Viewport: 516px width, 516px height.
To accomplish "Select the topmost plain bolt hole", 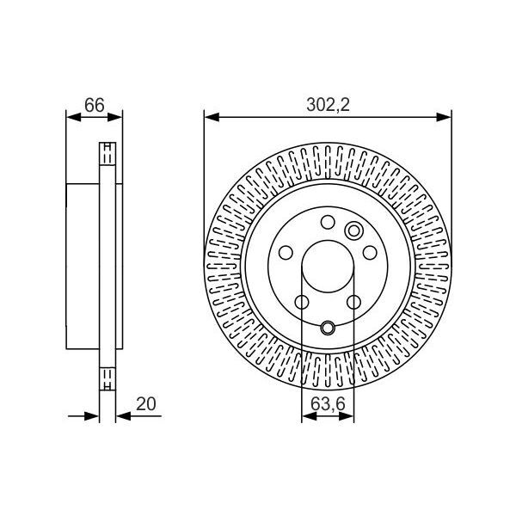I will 328,222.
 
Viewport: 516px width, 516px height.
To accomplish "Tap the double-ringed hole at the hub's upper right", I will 353,230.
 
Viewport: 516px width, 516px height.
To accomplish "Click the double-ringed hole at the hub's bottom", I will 328,328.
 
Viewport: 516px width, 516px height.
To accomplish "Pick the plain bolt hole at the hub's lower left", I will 302,302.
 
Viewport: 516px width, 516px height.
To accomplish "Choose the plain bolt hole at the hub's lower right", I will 353,302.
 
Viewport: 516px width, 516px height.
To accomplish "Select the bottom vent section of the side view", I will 107,377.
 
